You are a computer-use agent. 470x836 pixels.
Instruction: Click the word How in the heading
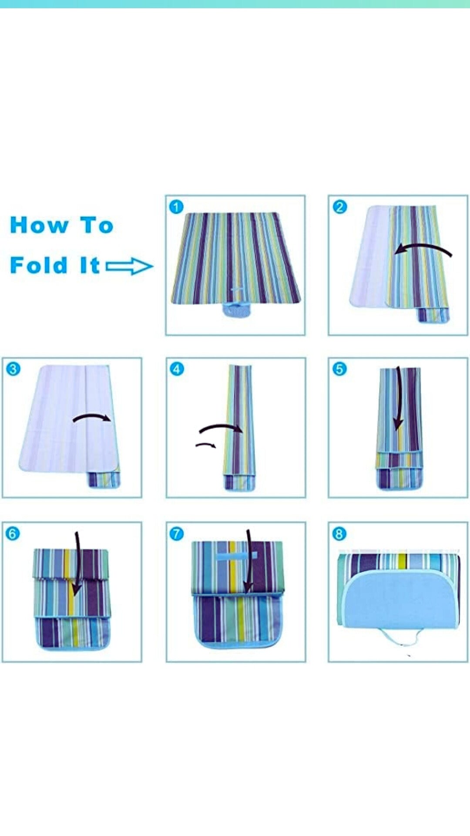(x=40, y=225)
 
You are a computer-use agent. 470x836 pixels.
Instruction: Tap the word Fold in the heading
(x=39, y=265)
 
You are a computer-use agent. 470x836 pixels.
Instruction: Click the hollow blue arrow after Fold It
(x=129, y=266)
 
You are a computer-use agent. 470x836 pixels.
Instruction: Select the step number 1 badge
(x=176, y=206)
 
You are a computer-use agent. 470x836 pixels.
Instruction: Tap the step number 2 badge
(x=339, y=206)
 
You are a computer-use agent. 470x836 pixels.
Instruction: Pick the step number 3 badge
(x=13, y=369)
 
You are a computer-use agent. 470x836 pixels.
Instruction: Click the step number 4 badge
(x=176, y=369)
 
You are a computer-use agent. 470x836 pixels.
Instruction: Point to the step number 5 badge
(x=339, y=369)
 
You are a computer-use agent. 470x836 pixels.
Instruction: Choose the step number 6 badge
(x=13, y=533)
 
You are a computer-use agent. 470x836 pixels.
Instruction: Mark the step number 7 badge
(x=176, y=533)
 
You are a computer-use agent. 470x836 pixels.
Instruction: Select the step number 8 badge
(x=339, y=533)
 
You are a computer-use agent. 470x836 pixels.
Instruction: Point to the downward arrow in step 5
(x=398, y=398)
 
